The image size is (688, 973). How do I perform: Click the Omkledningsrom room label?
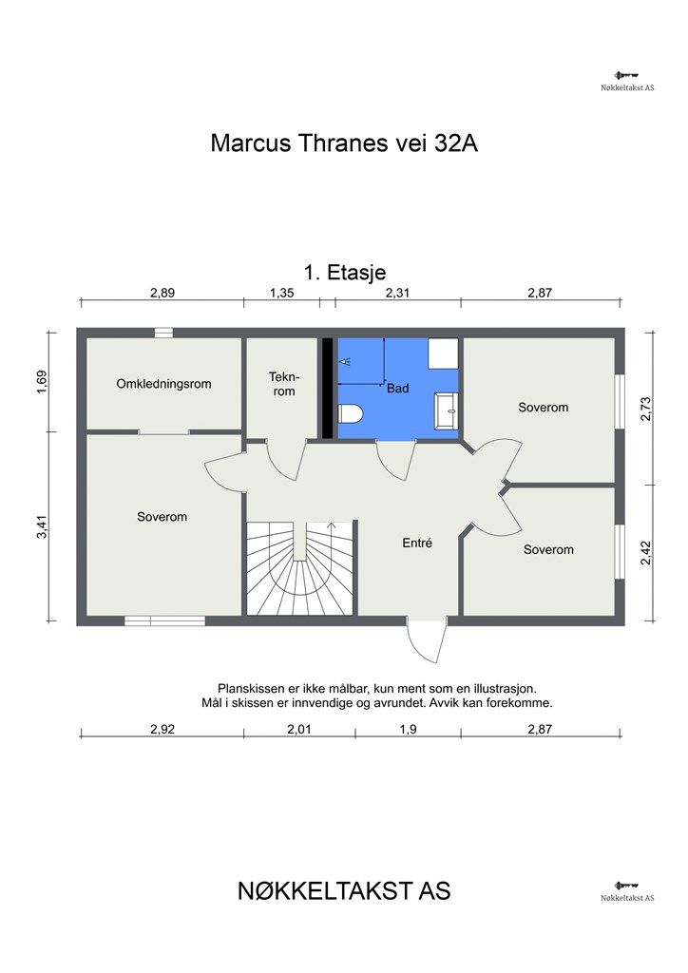pos(163,384)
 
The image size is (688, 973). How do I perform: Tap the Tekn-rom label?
pos(284,384)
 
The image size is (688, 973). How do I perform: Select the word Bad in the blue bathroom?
pos(397,389)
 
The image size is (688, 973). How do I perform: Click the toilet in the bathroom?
pos(350,414)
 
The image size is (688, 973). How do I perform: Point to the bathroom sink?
pos(446,410)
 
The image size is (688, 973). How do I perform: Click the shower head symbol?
pos(345,360)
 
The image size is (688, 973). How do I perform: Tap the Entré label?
pos(417,543)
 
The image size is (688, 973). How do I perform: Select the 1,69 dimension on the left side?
pos(42,382)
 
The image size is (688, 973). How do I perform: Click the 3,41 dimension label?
pos(42,526)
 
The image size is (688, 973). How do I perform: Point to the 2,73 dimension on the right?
pos(646,409)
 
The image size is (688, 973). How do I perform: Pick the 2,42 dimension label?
pos(646,552)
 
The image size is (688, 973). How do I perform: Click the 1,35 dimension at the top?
pos(281,293)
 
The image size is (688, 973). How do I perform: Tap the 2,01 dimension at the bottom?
pos(299,729)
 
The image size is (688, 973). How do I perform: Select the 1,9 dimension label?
pos(409,729)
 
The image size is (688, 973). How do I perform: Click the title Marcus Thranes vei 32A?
pos(344,143)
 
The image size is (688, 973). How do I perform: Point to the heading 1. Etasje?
pos(345,272)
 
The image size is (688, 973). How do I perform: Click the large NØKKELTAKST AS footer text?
pos(344,891)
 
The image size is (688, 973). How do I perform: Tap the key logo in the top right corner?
pos(626,76)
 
